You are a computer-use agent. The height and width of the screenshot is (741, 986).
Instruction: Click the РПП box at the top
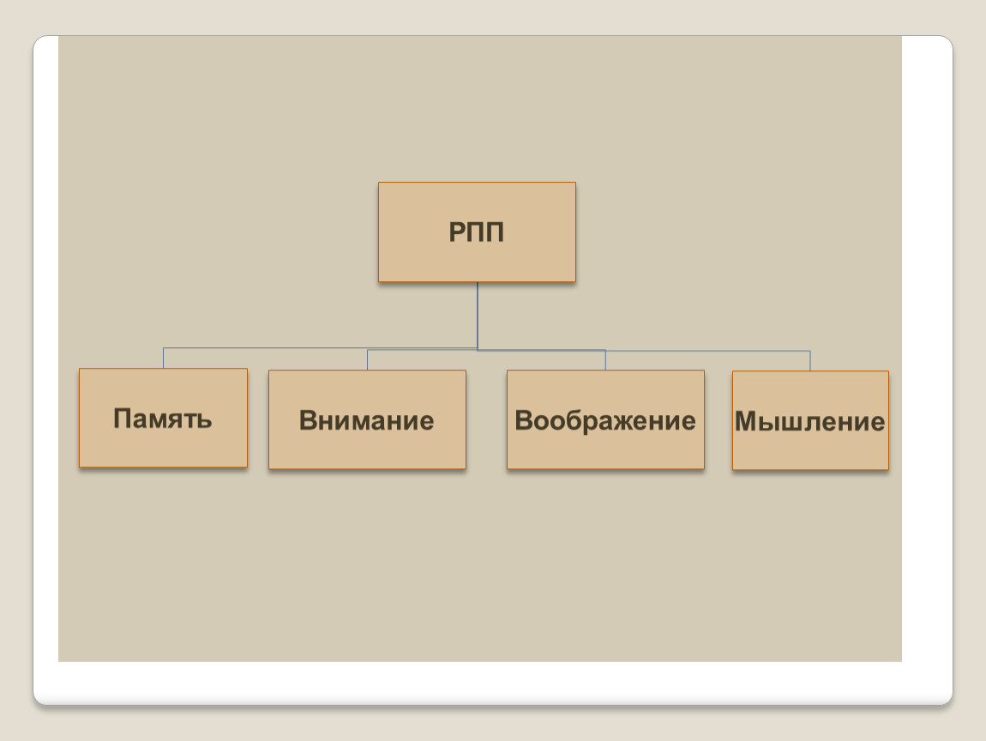[477, 232]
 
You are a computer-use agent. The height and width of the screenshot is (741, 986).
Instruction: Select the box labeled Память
[164, 418]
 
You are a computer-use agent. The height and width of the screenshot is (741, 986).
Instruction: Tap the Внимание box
[367, 419]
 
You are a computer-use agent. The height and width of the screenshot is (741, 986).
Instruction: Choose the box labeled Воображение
[605, 419]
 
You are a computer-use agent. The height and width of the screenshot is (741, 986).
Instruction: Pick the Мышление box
[810, 421]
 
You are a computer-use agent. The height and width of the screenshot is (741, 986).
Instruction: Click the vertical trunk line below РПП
[478, 316]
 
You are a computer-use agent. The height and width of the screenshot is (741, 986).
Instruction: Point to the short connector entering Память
[164, 358]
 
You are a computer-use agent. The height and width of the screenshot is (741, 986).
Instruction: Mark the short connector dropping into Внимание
[367, 360]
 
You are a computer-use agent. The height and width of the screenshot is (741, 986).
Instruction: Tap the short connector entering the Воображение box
[605, 360]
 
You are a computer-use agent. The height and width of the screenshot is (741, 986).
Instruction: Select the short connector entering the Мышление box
[810, 361]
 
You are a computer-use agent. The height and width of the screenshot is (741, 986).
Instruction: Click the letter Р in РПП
[456, 232]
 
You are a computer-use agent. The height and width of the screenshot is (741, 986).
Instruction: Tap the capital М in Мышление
[746, 421]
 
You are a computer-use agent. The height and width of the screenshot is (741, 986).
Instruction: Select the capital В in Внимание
[308, 420]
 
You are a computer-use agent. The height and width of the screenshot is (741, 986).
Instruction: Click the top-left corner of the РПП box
[379, 183]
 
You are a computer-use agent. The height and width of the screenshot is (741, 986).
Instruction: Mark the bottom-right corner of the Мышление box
[888, 470]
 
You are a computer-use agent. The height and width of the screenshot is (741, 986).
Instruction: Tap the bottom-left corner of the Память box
[79, 467]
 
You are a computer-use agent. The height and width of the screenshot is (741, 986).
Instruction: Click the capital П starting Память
[122, 419]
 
